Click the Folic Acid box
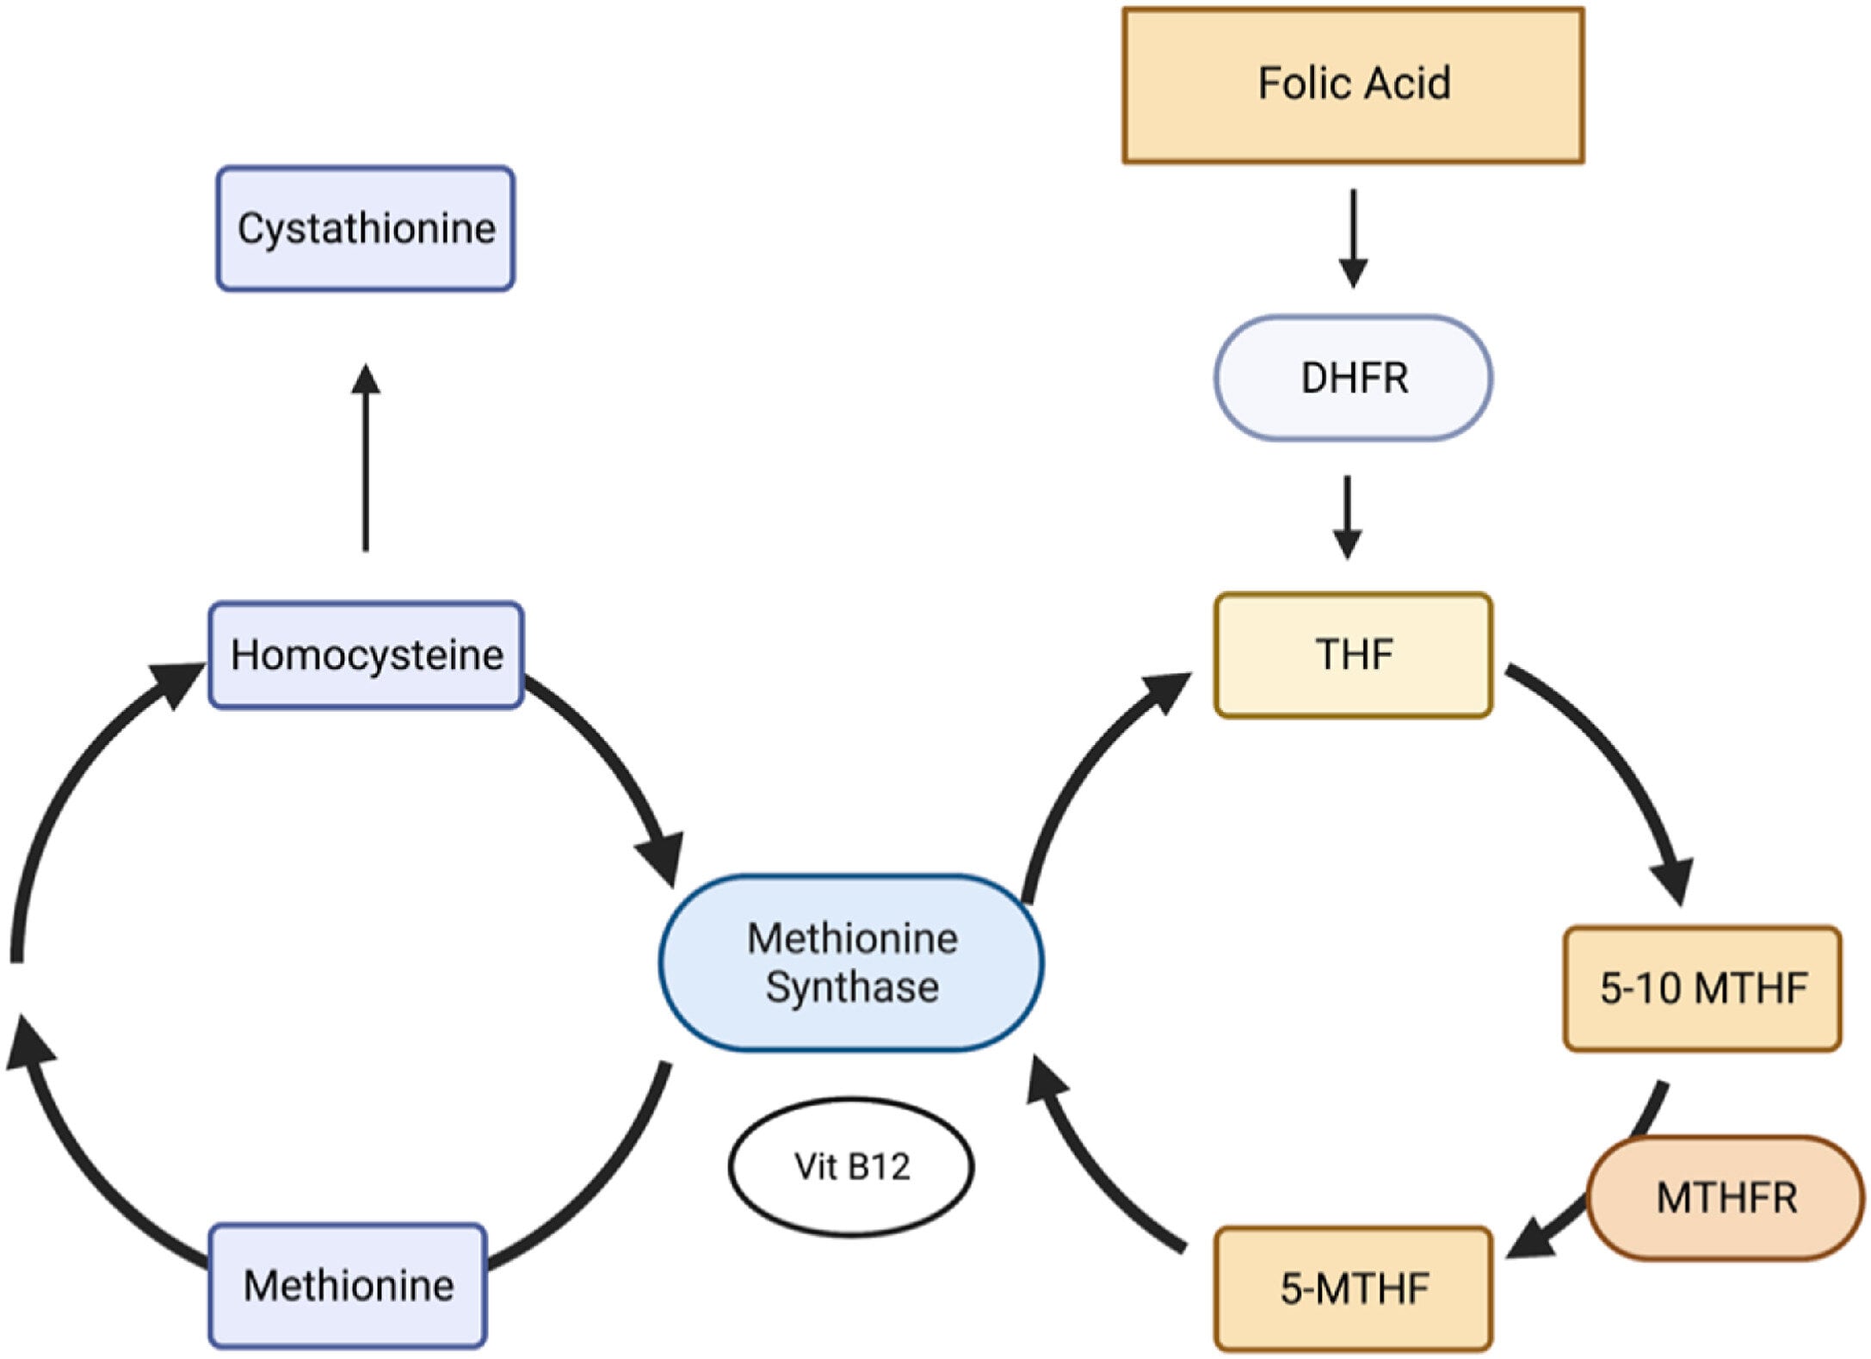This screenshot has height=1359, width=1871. (1352, 84)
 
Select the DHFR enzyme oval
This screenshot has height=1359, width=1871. (1352, 378)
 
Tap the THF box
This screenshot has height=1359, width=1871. (1352, 654)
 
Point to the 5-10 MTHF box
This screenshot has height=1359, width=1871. (1701, 988)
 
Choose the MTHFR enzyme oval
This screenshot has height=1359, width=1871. (1726, 1197)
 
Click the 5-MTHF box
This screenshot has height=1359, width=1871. (1352, 1288)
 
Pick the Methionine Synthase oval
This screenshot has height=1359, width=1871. (851, 962)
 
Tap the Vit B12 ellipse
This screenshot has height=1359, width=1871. (851, 1166)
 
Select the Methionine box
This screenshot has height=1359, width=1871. (348, 1285)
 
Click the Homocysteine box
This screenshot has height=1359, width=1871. (366, 655)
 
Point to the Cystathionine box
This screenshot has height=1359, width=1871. (366, 228)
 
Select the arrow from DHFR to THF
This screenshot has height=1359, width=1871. (1347, 516)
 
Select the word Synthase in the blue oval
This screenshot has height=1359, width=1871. (851, 987)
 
